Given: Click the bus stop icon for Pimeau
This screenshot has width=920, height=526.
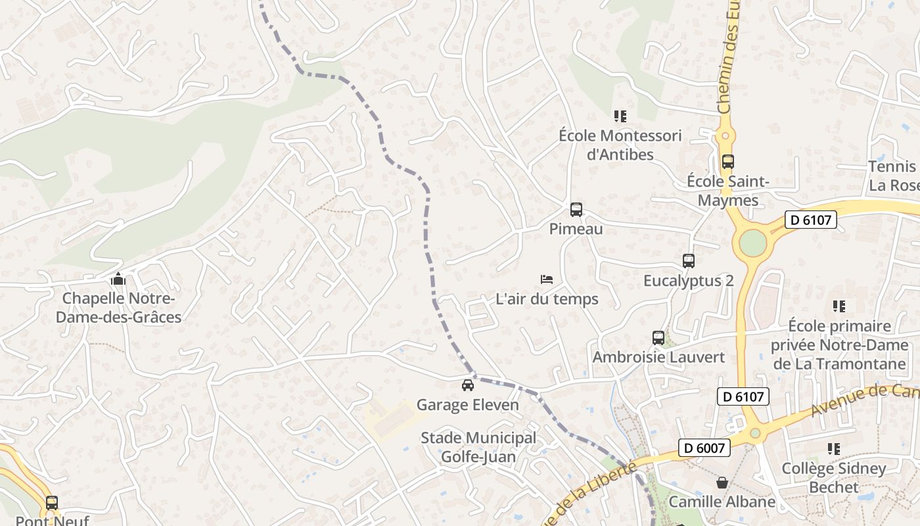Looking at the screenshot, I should tap(576, 210).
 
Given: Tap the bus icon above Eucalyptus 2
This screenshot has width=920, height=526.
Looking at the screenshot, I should tap(689, 261).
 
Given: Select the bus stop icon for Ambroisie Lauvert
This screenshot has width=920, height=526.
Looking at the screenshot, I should tap(658, 338).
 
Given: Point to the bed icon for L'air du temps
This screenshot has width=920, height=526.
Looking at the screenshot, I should tap(546, 279).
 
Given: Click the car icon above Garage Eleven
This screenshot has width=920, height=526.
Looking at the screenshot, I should tap(467, 385).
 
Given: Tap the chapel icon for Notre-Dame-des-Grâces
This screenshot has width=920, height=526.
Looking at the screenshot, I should tap(118, 279).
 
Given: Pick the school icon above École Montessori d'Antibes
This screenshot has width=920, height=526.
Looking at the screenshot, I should tap(620, 116).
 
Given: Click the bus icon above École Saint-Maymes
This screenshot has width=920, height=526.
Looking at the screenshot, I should tap(727, 162).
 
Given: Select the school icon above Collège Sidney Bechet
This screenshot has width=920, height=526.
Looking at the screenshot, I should tap(834, 449).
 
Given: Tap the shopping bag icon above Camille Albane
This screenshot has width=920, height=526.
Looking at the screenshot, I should tap(722, 483).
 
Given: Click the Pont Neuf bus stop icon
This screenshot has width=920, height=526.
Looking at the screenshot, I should tap(52, 503).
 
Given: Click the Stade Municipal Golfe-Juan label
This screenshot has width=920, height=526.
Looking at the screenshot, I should tap(478, 447).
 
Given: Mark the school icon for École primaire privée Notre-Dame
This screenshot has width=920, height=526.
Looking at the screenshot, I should tap(839, 306).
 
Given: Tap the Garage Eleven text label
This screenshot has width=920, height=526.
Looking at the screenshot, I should tap(468, 405).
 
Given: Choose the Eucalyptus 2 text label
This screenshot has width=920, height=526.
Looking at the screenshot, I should tap(688, 281).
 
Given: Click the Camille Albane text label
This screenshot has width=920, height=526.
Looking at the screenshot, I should tap(722, 502).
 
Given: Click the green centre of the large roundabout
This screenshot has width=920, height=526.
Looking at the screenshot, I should tap(752, 243).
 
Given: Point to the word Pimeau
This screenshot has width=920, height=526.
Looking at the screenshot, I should tap(576, 229).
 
